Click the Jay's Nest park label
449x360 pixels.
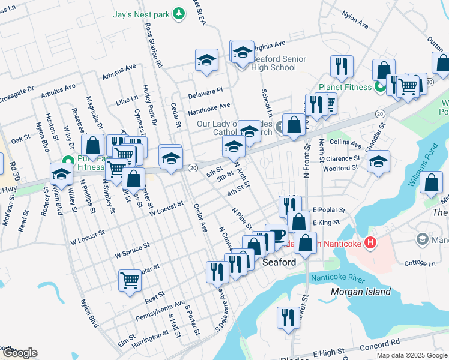coord(141,13)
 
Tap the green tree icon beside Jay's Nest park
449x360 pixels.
coord(178,13)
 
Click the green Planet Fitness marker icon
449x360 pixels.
coord(379,88)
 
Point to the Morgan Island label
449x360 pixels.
coord(360,292)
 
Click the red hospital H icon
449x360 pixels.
coord(370,243)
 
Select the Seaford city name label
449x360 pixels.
coord(279,263)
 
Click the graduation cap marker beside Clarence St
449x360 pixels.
coord(378,161)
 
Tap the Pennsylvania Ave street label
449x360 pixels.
coord(160,311)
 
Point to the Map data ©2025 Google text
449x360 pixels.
coord(411,355)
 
